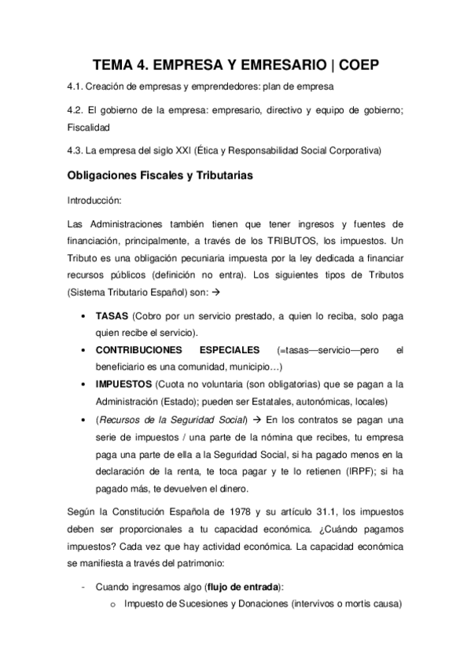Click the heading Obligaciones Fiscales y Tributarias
click(x=160, y=175)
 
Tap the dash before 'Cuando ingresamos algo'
click(x=84, y=586)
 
